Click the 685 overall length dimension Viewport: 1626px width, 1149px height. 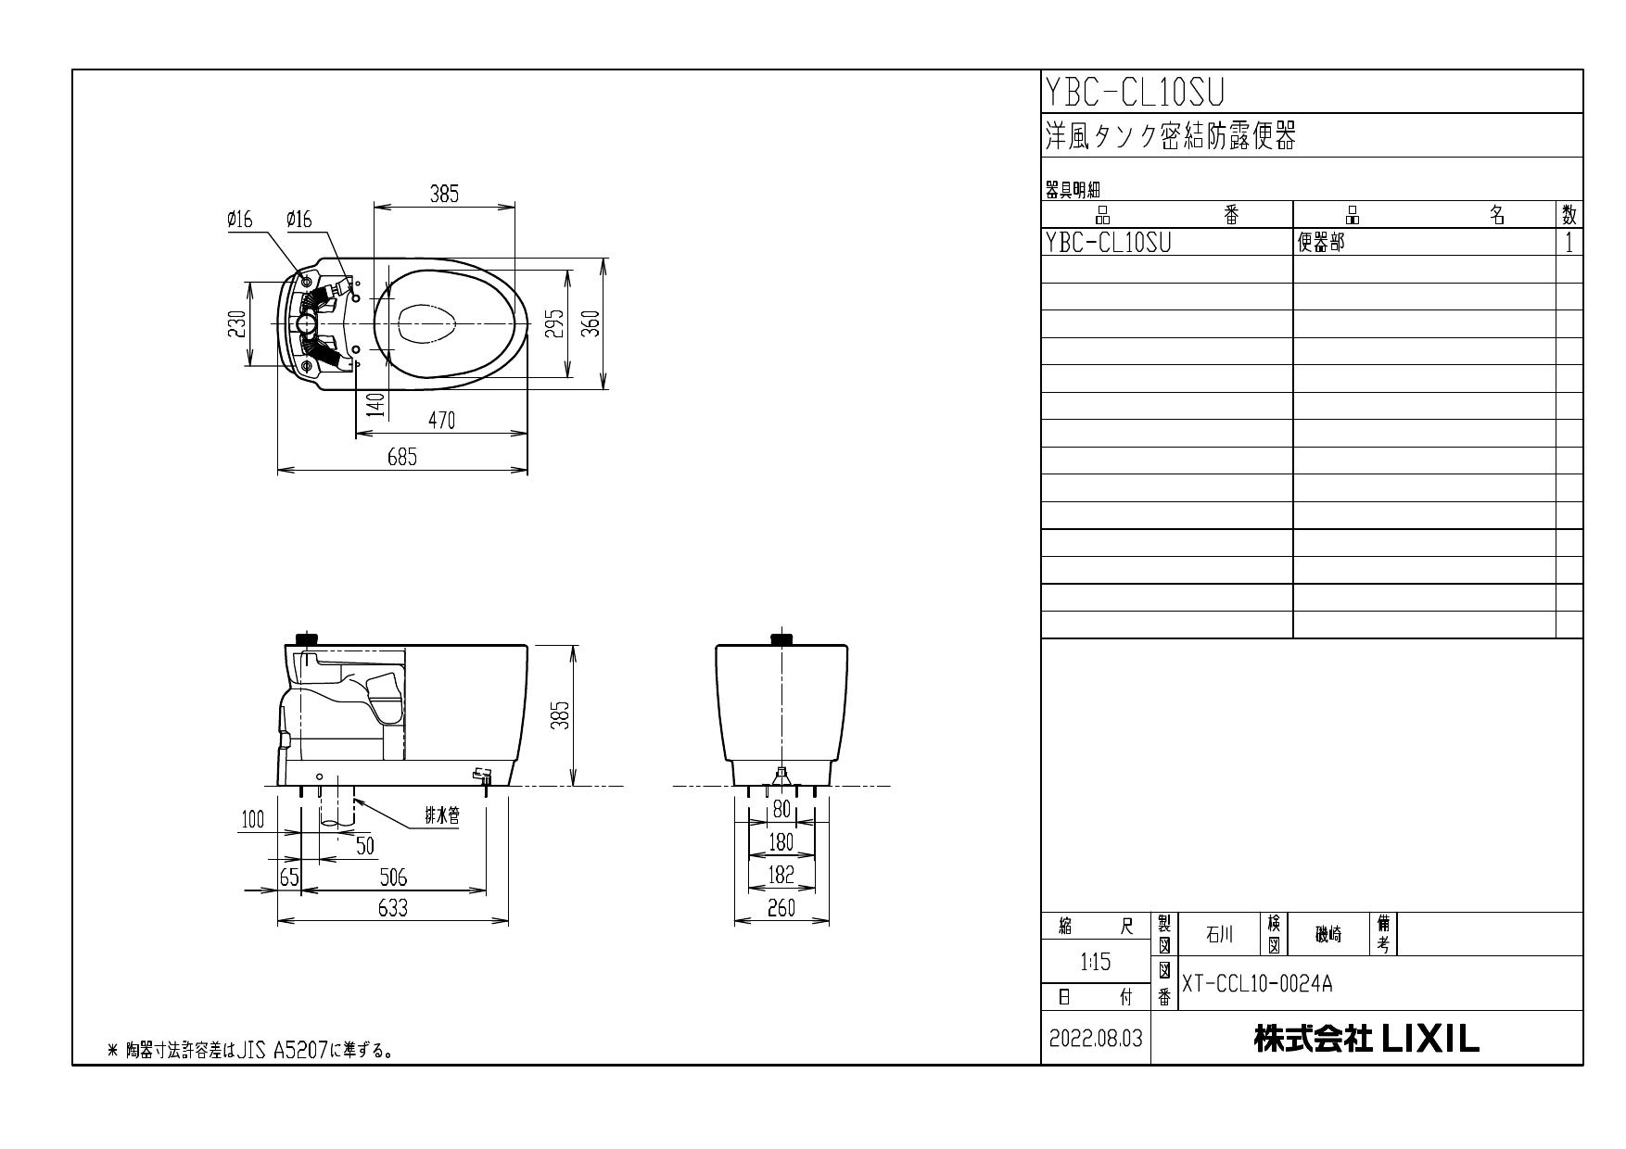tap(401, 457)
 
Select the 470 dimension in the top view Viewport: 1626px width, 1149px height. tap(441, 420)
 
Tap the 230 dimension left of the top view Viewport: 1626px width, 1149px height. tap(237, 323)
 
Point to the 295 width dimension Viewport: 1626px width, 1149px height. tap(554, 323)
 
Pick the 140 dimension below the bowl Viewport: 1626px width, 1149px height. tap(375, 405)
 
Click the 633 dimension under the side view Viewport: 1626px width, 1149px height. tap(392, 908)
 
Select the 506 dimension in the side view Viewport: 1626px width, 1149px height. tap(392, 878)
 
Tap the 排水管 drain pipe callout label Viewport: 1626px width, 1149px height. tap(442, 816)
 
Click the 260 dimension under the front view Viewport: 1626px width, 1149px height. tap(781, 909)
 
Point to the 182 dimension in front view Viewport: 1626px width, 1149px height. tap(781, 874)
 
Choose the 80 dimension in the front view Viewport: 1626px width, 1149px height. tap(781, 809)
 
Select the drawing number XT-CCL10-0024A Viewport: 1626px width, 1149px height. tap(1256, 984)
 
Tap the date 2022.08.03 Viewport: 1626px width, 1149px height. tap(1096, 1040)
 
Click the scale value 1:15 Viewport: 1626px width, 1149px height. tap(1096, 963)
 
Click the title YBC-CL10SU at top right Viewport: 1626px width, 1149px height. tap(1135, 92)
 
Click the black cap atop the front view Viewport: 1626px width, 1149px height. tap(782, 638)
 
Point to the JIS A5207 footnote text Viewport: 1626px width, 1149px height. tap(250, 1051)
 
